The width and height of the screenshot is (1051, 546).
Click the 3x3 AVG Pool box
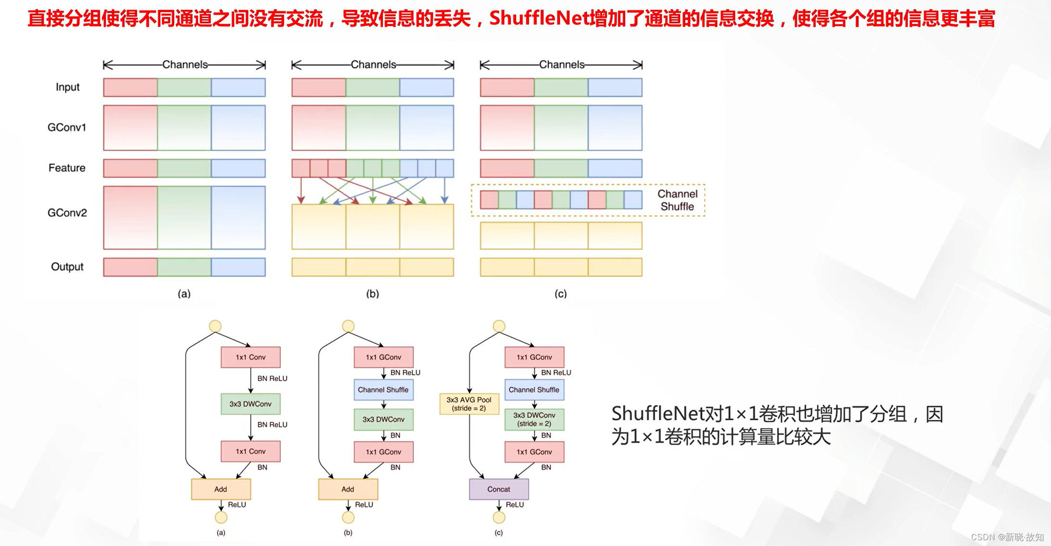469,404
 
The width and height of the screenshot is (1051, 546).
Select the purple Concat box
499,489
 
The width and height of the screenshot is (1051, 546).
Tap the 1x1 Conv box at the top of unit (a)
251,357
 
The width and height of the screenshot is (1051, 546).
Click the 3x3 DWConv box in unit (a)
251,404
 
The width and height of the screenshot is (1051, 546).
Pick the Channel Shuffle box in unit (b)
383,390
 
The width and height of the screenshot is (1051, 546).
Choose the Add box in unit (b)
348,489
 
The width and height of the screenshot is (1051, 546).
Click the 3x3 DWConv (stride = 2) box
534,419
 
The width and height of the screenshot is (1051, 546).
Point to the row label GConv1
67,128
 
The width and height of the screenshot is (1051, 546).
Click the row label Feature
67,168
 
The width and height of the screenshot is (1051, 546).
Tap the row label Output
67,267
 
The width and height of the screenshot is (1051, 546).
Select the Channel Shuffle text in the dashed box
677,200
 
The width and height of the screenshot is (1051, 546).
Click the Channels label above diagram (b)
373,65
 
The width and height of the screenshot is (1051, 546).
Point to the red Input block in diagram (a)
130,88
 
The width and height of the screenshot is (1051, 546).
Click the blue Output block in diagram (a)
238,267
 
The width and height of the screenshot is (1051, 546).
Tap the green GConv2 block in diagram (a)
184,218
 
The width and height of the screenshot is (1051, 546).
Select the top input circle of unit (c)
499,326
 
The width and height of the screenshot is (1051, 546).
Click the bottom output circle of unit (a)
221,518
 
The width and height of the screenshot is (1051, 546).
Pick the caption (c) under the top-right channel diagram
560,294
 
